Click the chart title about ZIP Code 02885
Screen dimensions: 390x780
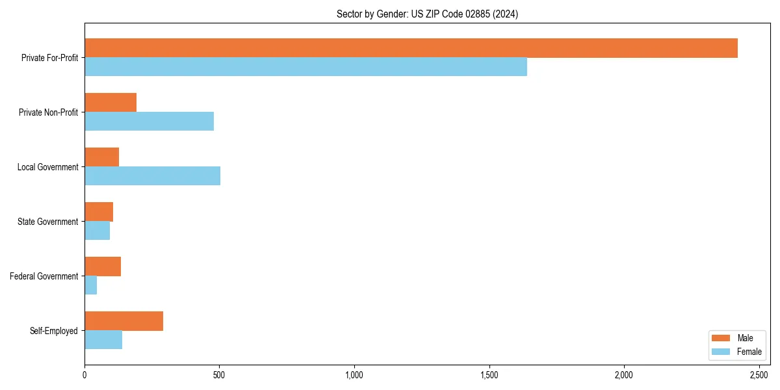pos(427,14)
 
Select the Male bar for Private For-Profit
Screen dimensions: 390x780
pos(411,48)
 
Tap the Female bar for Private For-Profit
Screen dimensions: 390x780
pos(305,67)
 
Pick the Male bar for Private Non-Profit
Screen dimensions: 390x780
pos(110,103)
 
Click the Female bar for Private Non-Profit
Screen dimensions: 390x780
pos(149,122)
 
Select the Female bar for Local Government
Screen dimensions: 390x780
pos(152,176)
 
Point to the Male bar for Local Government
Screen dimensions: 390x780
pos(101,157)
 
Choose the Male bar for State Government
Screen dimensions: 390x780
pos(99,212)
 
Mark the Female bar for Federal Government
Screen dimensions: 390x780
pos(90,285)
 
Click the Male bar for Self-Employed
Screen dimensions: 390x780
pos(123,321)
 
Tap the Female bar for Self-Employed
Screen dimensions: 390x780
pos(103,340)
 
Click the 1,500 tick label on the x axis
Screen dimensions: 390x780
pos(489,375)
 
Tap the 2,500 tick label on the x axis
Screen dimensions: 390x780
pos(759,375)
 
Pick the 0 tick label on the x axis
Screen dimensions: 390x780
pos(84,375)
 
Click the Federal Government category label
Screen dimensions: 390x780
pos(44,276)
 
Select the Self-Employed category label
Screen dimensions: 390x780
pos(53,331)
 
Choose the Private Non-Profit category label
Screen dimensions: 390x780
pos(48,112)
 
